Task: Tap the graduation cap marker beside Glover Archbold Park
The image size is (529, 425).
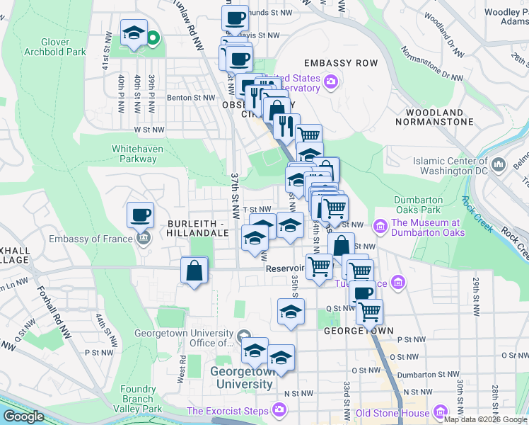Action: (133, 34)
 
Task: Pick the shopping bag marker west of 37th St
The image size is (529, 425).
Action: (194, 271)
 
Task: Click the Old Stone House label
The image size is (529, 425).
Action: (393, 413)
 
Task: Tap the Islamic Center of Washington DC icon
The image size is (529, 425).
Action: (499, 165)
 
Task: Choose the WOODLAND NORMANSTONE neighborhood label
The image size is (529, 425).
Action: (439, 117)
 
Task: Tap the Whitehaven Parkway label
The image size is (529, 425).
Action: (134, 154)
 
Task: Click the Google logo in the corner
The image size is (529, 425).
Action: (24, 417)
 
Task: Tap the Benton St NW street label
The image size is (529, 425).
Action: (190, 98)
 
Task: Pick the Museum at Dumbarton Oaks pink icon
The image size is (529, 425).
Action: (380, 227)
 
